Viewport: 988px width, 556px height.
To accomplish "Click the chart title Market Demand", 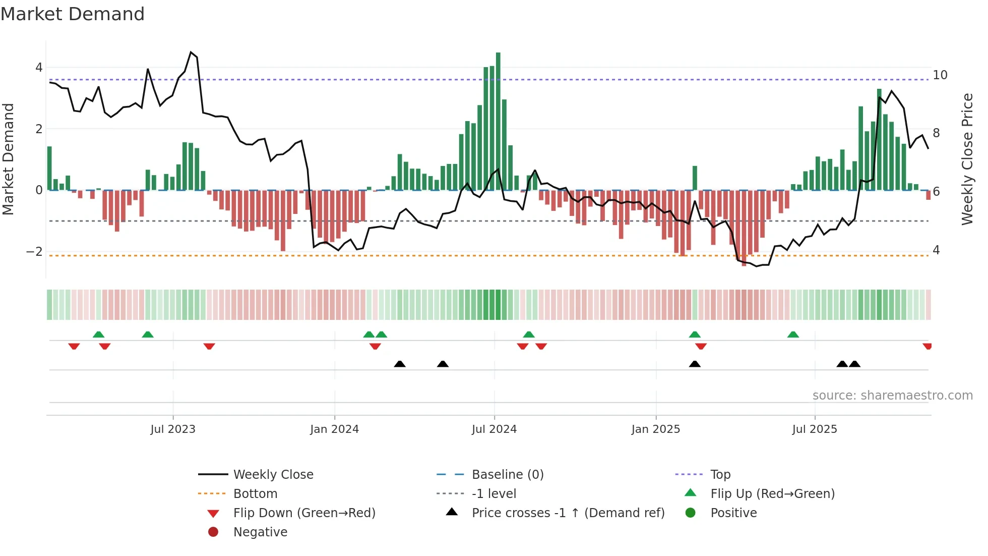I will coord(73,14).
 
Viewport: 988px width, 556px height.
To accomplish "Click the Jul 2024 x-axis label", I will coord(494,429).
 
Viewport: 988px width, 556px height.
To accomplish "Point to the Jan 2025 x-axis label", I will coord(655,429).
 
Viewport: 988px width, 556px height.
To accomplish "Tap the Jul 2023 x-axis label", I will coord(173,429).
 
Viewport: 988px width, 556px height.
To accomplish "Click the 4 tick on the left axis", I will coord(39,68).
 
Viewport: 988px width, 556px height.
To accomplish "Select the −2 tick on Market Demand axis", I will coord(34,252).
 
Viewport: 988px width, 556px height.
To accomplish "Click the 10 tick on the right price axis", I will coord(940,75).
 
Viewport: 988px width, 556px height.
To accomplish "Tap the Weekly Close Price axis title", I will coord(967,159).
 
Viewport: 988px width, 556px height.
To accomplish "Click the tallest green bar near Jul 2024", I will coord(498,121).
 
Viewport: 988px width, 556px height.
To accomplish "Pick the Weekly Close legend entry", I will coord(273,475).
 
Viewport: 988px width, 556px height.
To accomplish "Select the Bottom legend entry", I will coord(255,494).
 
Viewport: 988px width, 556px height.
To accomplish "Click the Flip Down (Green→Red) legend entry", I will coord(304,513).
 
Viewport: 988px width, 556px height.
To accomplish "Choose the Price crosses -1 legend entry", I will coord(568,513).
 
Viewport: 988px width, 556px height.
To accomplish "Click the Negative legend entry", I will coord(260,532).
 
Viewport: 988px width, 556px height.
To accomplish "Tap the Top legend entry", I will coord(720,475).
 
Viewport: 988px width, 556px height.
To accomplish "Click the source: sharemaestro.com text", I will coord(892,396).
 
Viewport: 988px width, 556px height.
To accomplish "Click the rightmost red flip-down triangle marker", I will coord(927,346).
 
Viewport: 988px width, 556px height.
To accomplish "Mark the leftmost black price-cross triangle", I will coord(400,364).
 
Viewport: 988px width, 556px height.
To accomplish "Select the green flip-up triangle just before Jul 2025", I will coord(793,335).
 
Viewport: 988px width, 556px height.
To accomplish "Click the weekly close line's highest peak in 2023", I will coord(191,52).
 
